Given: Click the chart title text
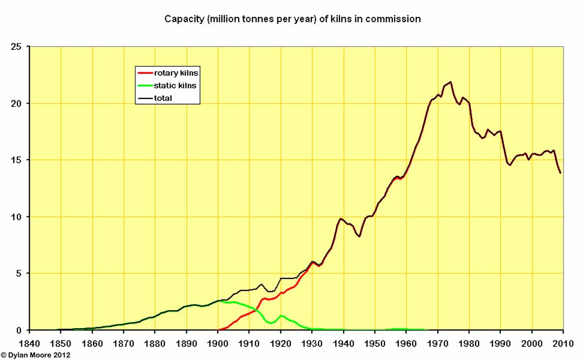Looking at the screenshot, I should (x=292, y=19).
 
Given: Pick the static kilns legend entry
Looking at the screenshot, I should (x=175, y=85).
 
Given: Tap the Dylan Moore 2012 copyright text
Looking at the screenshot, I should (x=36, y=355).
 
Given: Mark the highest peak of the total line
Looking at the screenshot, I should (x=450, y=82).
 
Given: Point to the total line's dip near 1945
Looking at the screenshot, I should (x=359, y=237).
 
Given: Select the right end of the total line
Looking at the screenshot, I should (x=560, y=173).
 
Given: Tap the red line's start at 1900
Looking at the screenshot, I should (x=218, y=330).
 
